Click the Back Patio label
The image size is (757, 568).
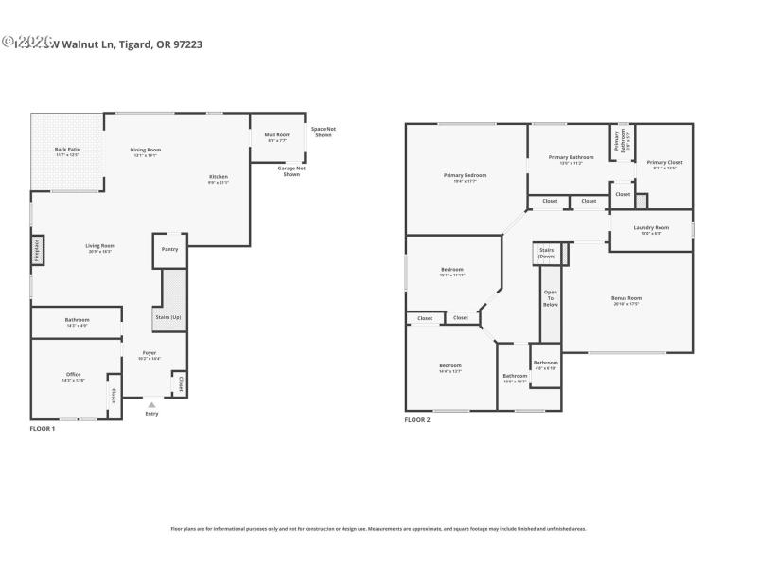(66, 151)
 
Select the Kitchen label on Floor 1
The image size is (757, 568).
(219, 178)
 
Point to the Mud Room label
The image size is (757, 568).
(277, 137)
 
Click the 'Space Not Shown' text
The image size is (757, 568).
(323, 132)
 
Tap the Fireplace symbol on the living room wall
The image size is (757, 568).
(37, 250)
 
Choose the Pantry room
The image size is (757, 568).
(170, 249)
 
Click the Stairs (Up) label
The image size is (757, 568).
(168, 316)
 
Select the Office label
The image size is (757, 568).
(74, 376)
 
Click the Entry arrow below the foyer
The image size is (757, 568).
(151, 405)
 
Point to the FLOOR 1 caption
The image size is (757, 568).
(44, 429)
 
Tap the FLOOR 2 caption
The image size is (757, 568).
(417, 419)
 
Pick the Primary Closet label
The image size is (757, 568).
(663, 164)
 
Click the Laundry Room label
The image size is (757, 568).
(651, 229)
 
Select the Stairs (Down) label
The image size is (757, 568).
(547, 254)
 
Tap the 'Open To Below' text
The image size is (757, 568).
(550, 298)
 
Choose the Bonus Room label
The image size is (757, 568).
(626, 300)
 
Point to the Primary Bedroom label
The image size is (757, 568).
(465, 176)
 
